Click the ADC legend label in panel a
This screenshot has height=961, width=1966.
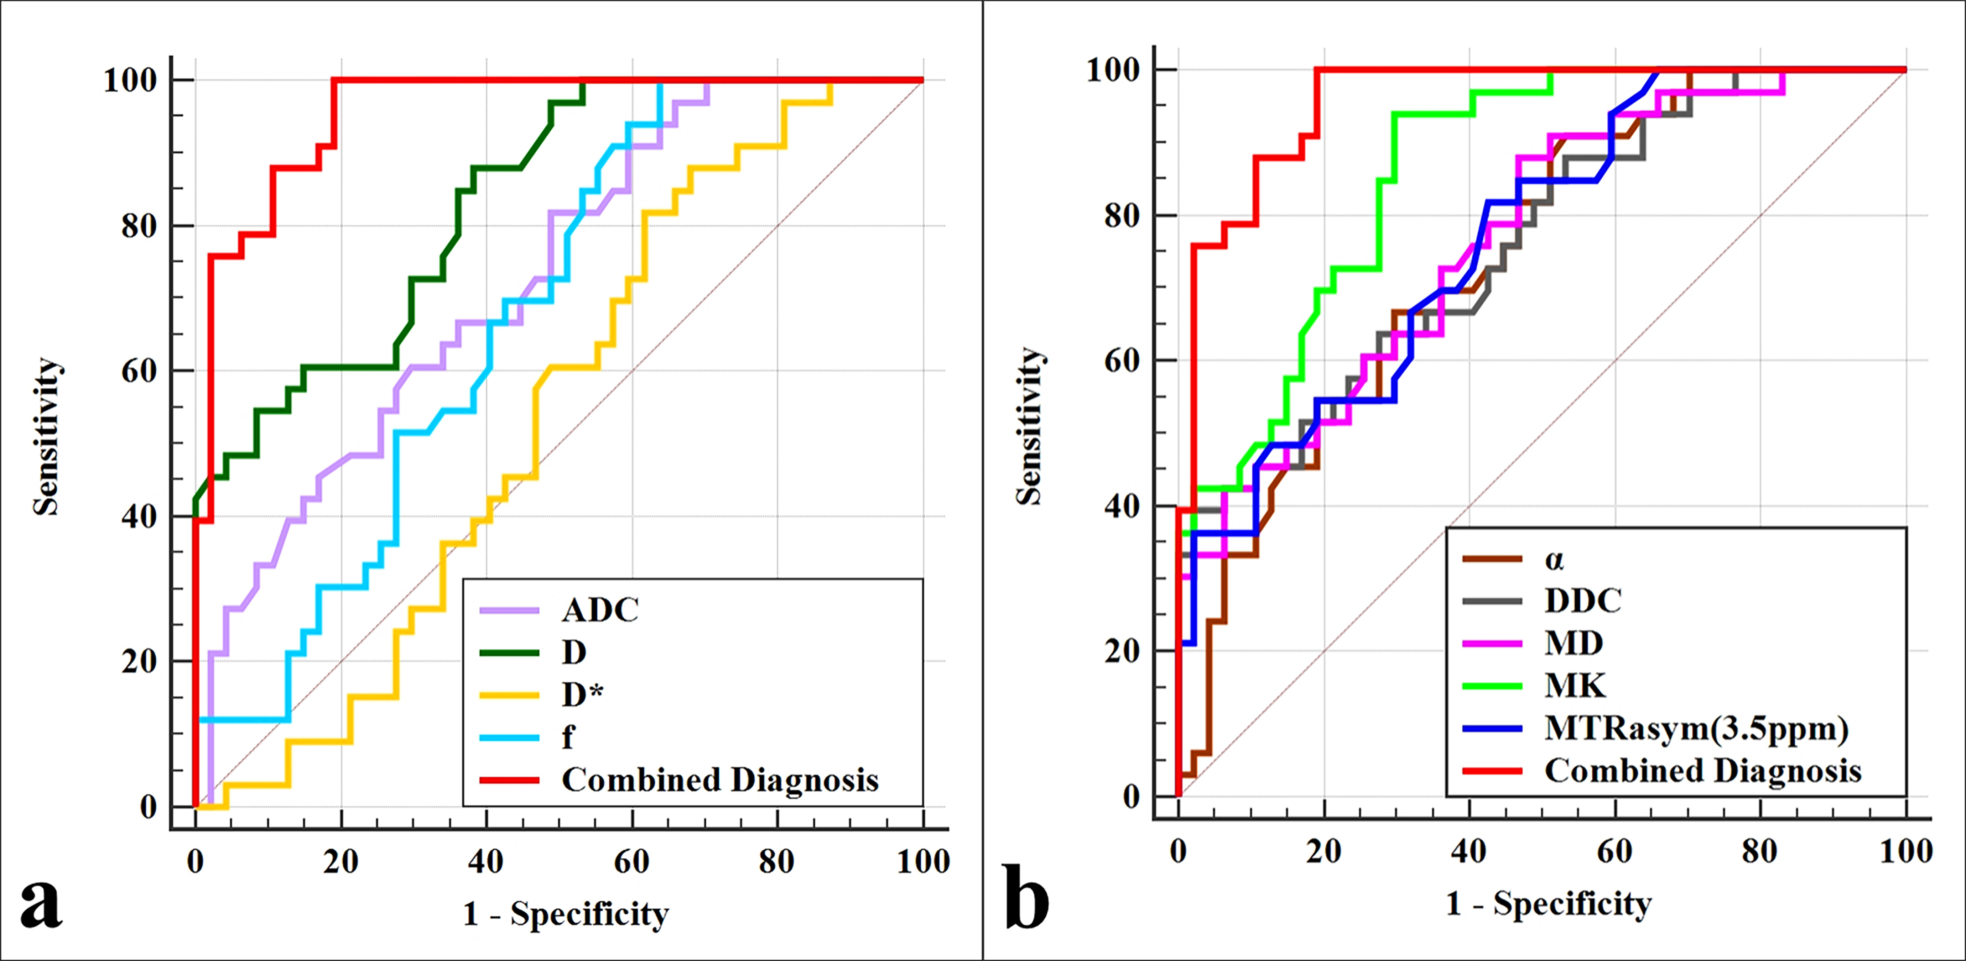(x=600, y=610)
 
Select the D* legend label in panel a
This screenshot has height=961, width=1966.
(x=582, y=695)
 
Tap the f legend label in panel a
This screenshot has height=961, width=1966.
(x=568, y=737)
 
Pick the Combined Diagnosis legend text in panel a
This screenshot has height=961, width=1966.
(x=720, y=780)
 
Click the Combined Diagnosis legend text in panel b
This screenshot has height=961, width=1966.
(x=1703, y=771)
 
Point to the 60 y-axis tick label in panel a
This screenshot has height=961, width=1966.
(x=139, y=372)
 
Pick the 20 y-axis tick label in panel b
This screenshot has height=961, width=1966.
(x=1122, y=651)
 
